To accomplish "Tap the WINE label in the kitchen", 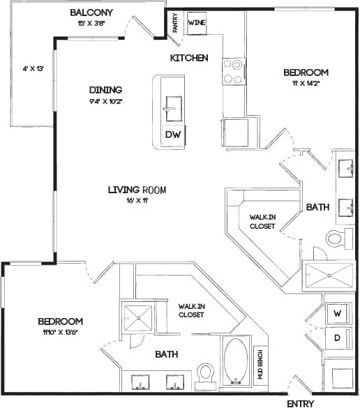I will pos(196,22).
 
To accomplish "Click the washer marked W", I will pos(337,313).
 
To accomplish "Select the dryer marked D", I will pos(337,338).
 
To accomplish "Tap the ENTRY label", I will pos(301,403).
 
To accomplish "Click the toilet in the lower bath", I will pos(206,375).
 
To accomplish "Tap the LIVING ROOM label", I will pos(137,189).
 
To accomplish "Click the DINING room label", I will pos(105,89).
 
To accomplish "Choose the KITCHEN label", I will pos(188,57).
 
